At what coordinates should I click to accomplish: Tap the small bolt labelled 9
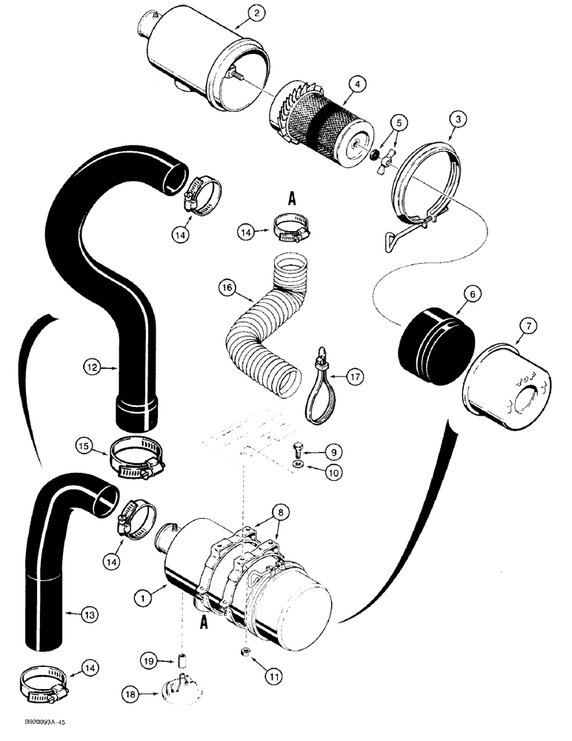[296, 449]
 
